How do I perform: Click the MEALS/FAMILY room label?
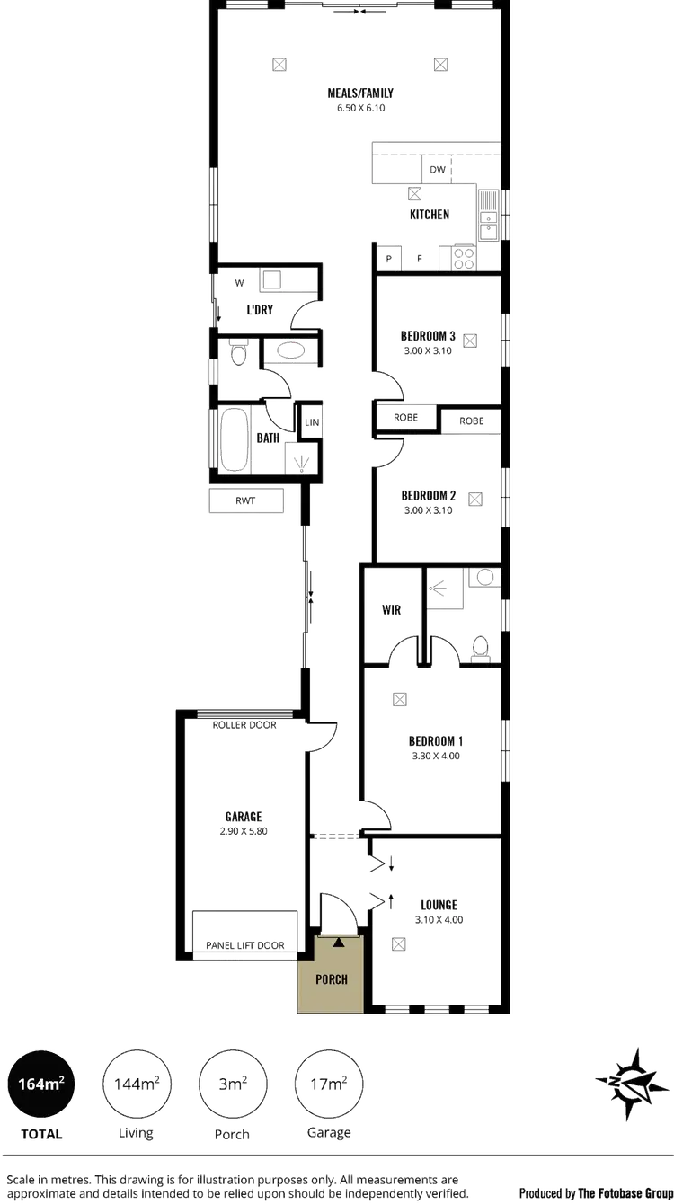coord(359,93)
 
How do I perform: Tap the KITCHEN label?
coord(430,214)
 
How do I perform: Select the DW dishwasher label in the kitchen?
coord(439,170)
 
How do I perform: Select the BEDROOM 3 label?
coord(428,337)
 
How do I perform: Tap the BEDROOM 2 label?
coord(429,496)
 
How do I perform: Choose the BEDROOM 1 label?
coord(435,740)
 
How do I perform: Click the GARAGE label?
coord(244,817)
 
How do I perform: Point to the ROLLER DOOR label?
coord(244,725)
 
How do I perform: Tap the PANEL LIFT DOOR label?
coord(245,945)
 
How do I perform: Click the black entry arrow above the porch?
coord(338,942)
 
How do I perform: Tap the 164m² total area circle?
coord(42,1084)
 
